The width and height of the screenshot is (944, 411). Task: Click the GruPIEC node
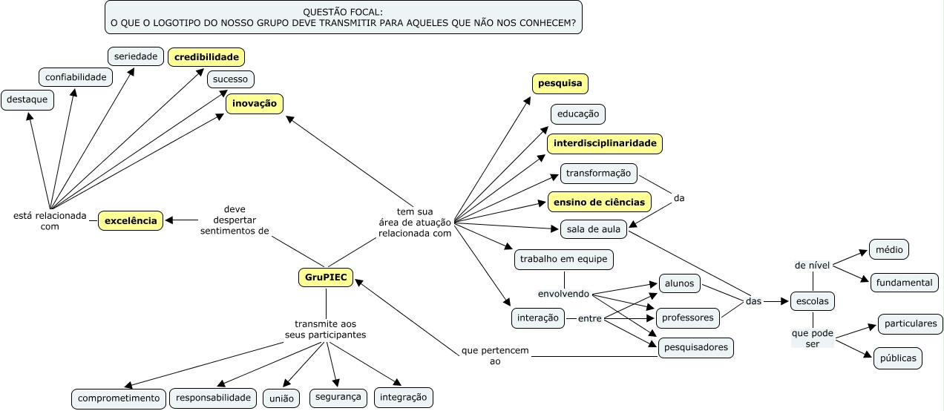point(326,277)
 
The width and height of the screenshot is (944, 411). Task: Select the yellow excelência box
point(131,220)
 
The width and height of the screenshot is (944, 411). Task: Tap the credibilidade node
point(206,56)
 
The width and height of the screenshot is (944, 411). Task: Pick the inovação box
point(255,103)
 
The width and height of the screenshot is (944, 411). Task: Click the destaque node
point(27,99)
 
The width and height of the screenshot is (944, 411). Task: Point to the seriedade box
point(136,56)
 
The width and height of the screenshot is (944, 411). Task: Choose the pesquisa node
point(560,84)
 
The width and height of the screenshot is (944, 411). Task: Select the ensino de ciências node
point(600,201)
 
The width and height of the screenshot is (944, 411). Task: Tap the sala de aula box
point(594,229)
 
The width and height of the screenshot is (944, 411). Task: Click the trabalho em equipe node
point(563,259)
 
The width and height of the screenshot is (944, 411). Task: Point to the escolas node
point(812,301)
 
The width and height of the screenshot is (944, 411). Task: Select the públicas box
point(898,358)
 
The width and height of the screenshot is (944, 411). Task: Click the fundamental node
point(904,283)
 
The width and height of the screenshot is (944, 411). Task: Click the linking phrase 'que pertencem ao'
point(495,355)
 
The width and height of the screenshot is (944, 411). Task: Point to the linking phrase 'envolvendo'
point(563,294)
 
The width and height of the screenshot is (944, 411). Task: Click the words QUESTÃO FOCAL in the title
point(344,13)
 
